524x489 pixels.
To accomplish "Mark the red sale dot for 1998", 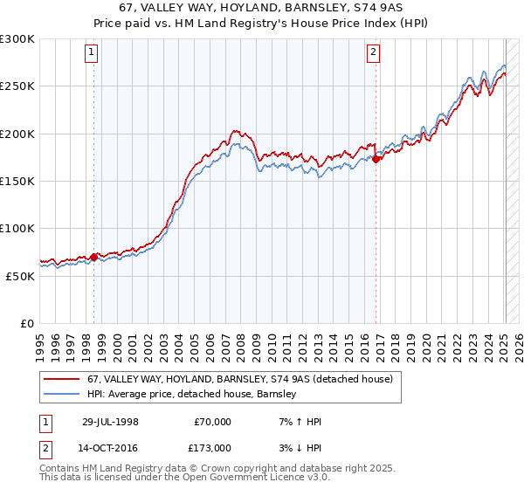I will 94,257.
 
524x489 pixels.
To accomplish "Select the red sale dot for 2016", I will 376,160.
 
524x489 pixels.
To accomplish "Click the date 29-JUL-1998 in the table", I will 108,422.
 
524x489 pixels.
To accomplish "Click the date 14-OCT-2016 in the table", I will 108,447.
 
